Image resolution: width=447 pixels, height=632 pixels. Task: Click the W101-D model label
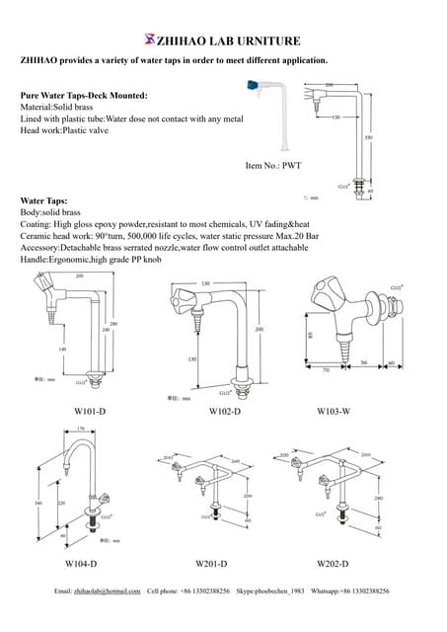click(90, 410)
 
